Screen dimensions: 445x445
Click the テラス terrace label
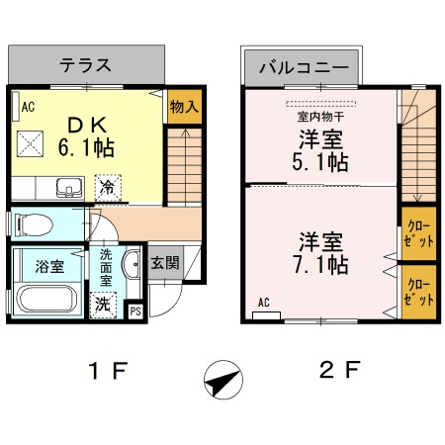click(x=85, y=65)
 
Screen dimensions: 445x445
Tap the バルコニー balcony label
click(x=304, y=67)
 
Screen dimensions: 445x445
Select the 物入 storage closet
click(x=185, y=107)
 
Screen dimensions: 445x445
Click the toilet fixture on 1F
click(x=34, y=224)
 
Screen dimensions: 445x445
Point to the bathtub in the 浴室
click(x=46, y=299)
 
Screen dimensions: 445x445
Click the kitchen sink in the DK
click(x=69, y=187)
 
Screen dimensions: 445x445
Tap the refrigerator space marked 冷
click(x=108, y=188)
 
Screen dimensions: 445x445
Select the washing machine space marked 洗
click(x=103, y=305)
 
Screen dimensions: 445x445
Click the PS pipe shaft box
click(x=135, y=311)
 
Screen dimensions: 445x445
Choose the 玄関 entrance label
click(x=165, y=263)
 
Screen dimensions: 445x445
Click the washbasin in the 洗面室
click(x=131, y=264)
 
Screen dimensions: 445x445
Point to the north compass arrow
click(x=223, y=380)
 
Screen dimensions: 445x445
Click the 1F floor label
click(x=108, y=371)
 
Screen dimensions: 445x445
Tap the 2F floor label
click(x=340, y=370)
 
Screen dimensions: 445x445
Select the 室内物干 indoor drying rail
click(x=320, y=104)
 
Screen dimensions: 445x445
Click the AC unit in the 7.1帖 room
click(x=266, y=315)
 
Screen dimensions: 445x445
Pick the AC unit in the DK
click(x=16, y=106)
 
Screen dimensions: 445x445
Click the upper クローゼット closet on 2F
click(x=418, y=233)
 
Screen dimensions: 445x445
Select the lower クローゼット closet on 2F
click(x=418, y=292)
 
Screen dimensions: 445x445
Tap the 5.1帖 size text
click(x=320, y=162)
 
